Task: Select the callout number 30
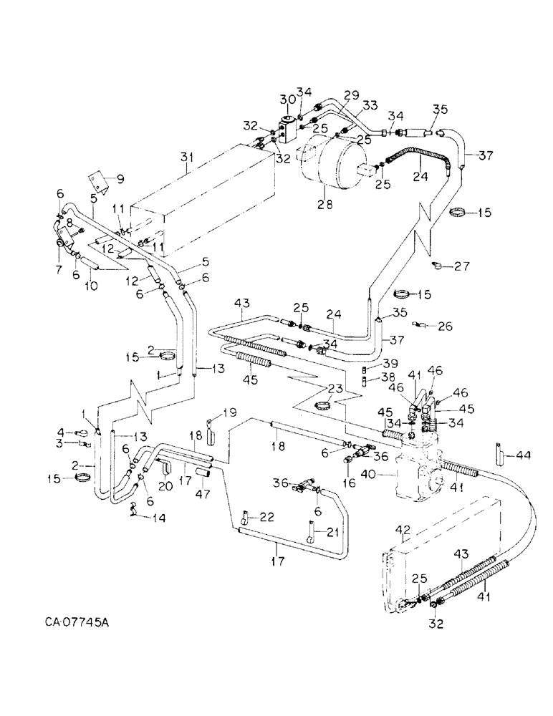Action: pos(287,100)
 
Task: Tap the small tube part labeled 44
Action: pos(498,455)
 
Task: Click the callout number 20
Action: pos(163,486)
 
